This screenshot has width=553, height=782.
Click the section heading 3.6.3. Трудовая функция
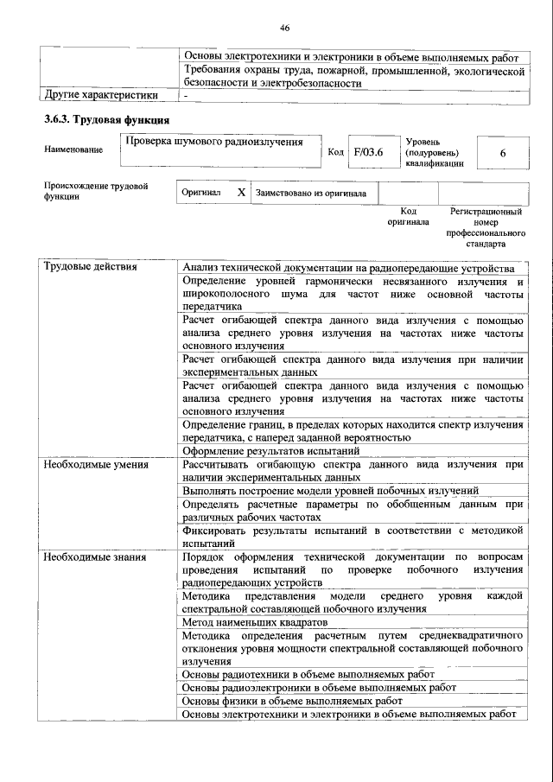click(106, 119)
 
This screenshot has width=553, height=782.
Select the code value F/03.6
click(368, 152)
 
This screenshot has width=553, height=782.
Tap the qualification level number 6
click(502, 152)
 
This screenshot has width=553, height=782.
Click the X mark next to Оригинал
click(241, 194)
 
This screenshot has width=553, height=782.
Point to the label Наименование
click(73, 149)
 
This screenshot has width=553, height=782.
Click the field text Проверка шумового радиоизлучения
click(213, 142)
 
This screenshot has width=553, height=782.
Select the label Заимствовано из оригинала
click(310, 194)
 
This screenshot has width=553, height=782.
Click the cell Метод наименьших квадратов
click(255, 621)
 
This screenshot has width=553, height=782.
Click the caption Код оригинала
click(410, 216)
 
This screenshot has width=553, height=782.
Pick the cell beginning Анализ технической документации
click(349, 267)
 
